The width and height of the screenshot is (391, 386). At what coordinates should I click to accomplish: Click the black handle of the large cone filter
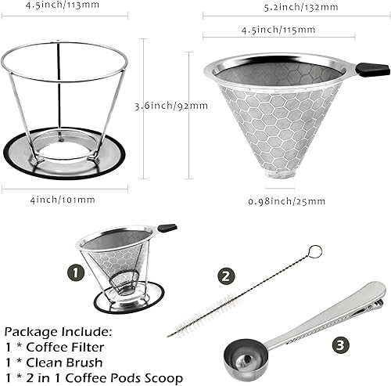[372, 70]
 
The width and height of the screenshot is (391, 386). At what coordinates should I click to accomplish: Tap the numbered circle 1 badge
[75, 273]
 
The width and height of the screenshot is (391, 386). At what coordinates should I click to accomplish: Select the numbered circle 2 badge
[227, 276]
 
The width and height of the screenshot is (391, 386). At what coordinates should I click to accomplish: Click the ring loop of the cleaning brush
[314, 252]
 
